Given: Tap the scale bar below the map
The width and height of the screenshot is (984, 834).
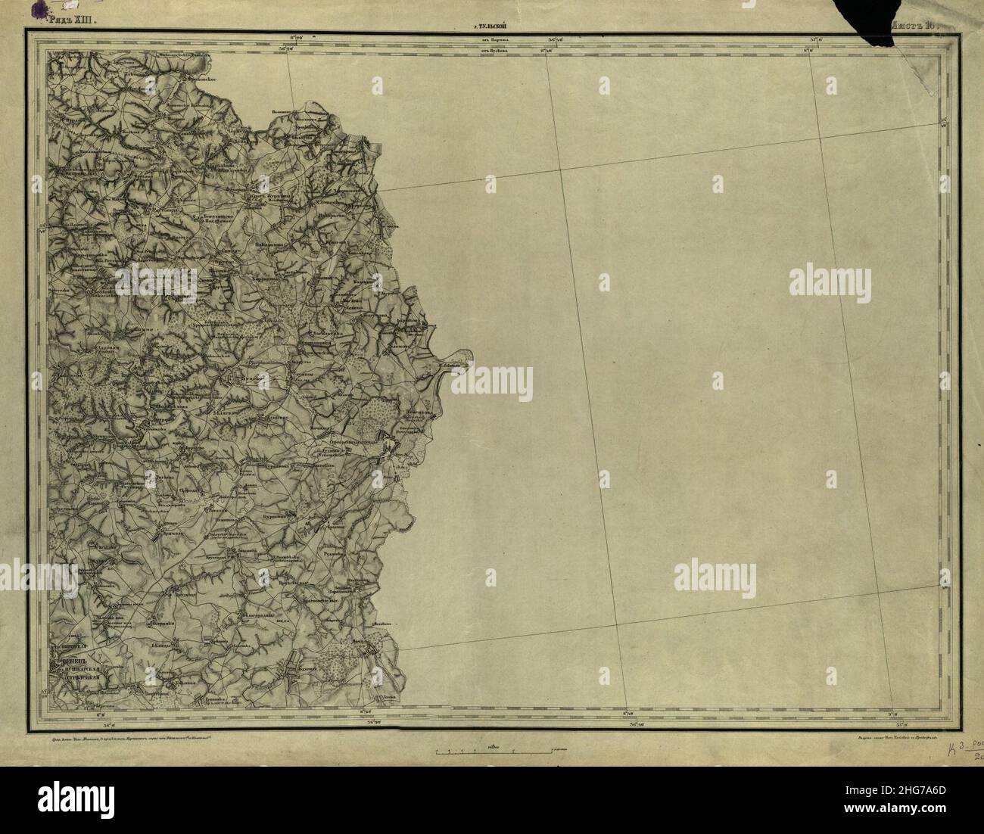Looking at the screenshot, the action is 492,752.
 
